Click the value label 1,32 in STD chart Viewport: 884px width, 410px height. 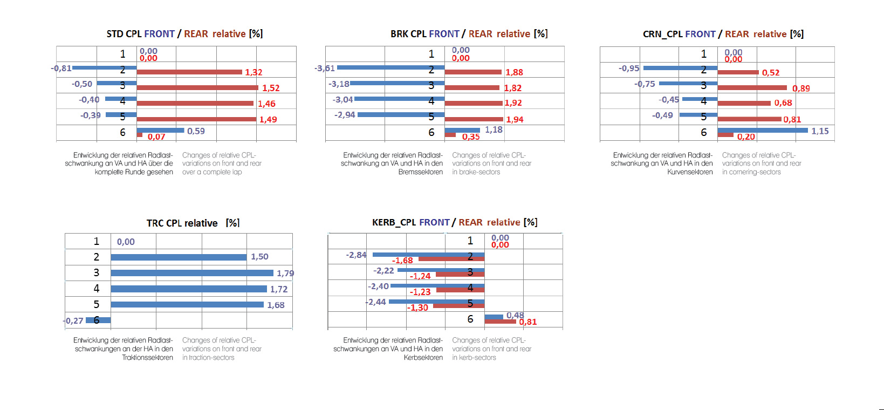253,72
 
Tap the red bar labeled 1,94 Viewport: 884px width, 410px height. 474,119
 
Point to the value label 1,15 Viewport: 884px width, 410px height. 820,131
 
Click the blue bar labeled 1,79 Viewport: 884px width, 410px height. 192,273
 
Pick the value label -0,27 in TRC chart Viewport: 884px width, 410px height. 73,320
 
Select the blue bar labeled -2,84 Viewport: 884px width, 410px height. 428,255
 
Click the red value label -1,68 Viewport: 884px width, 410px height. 402,261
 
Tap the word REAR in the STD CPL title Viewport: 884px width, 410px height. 196,34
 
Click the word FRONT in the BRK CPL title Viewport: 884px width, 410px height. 444,34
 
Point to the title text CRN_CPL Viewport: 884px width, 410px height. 662,34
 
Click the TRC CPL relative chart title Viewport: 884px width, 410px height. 193,223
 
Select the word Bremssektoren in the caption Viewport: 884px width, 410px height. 420,172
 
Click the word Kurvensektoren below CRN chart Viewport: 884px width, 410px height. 689,172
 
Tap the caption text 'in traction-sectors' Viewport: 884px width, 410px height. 208,358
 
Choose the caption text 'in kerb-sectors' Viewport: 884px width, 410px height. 474,358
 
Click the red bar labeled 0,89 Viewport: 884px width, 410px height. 752,87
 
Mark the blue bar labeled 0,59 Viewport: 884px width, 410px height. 160,130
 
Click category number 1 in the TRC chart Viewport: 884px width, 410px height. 97,241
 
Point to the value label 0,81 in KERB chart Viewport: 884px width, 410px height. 527,322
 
